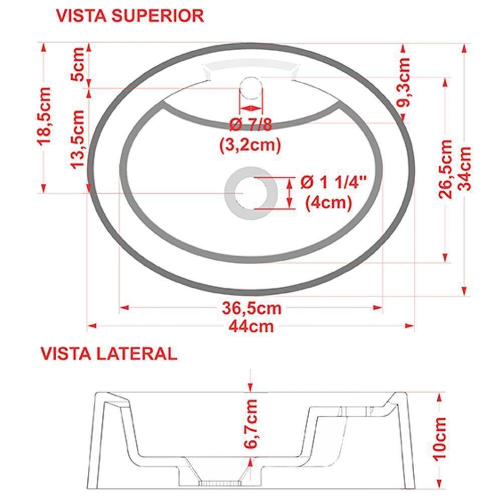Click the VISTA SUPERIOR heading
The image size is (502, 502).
[x=130, y=16]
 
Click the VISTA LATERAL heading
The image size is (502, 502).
[x=109, y=353]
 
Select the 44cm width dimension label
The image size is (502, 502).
[x=251, y=326]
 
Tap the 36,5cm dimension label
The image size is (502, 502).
[x=252, y=307]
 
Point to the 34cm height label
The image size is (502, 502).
[x=466, y=168]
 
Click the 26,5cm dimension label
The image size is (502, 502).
[x=446, y=169]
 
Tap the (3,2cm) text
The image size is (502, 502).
[x=249, y=145]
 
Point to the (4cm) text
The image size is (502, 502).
[x=328, y=203]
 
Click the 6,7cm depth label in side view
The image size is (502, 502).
[x=251, y=425]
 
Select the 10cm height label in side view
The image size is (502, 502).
[x=440, y=437]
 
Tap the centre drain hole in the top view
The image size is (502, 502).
[x=250, y=192]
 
